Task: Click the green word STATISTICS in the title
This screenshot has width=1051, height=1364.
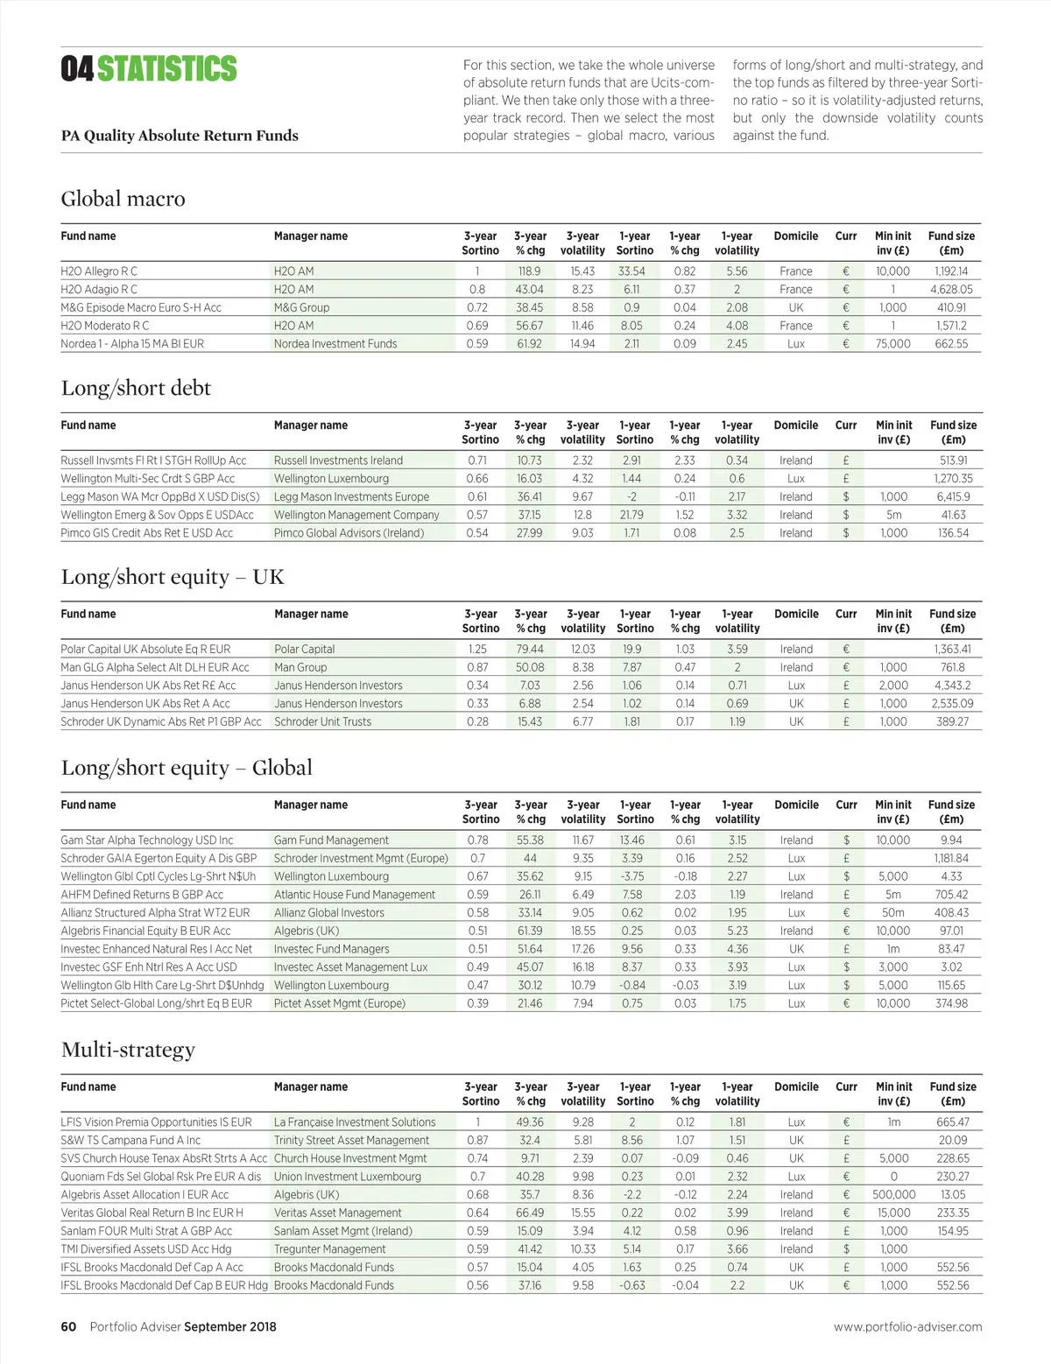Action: pyautogui.click(x=166, y=68)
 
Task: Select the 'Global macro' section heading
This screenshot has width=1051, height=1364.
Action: pyautogui.click(x=123, y=199)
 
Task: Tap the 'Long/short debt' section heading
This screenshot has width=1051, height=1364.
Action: pyautogui.click(x=136, y=388)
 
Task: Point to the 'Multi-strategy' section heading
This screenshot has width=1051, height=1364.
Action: pyautogui.click(x=128, y=1050)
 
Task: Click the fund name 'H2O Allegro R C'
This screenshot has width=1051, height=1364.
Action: pyautogui.click(x=99, y=271)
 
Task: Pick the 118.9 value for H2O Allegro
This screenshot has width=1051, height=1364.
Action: pyautogui.click(x=529, y=271)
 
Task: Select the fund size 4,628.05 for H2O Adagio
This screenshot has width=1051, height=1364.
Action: pyautogui.click(x=951, y=290)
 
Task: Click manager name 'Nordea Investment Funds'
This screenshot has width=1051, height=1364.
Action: pyautogui.click(x=335, y=344)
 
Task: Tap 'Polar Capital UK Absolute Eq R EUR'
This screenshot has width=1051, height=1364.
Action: pyautogui.click(x=145, y=650)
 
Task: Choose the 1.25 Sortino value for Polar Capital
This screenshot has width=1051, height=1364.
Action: pyautogui.click(x=477, y=650)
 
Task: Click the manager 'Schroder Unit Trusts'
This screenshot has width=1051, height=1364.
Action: pyautogui.click(x=322, y=722)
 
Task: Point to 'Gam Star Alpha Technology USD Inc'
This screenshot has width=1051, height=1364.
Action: pyautogui.click(x=147, y=840)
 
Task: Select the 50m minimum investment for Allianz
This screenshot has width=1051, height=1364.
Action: pyautogui.click(x=893, y=913)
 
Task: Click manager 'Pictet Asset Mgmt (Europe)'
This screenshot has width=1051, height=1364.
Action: pyautogui.click(x=340, y=1004)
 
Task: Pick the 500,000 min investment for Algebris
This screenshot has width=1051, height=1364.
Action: pyautogui.click(x=893, y=1195)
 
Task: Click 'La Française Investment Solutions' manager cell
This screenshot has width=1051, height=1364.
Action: pyautogui.click(x=355, y=1122)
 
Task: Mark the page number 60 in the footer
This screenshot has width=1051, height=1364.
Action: pyautogui.click(x=68, y=1327)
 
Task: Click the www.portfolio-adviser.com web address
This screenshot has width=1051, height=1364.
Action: pyautogui.click(x=907, y=1327)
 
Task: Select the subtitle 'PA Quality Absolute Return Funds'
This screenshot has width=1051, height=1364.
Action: pyautogui.click(x=180, y=136)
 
